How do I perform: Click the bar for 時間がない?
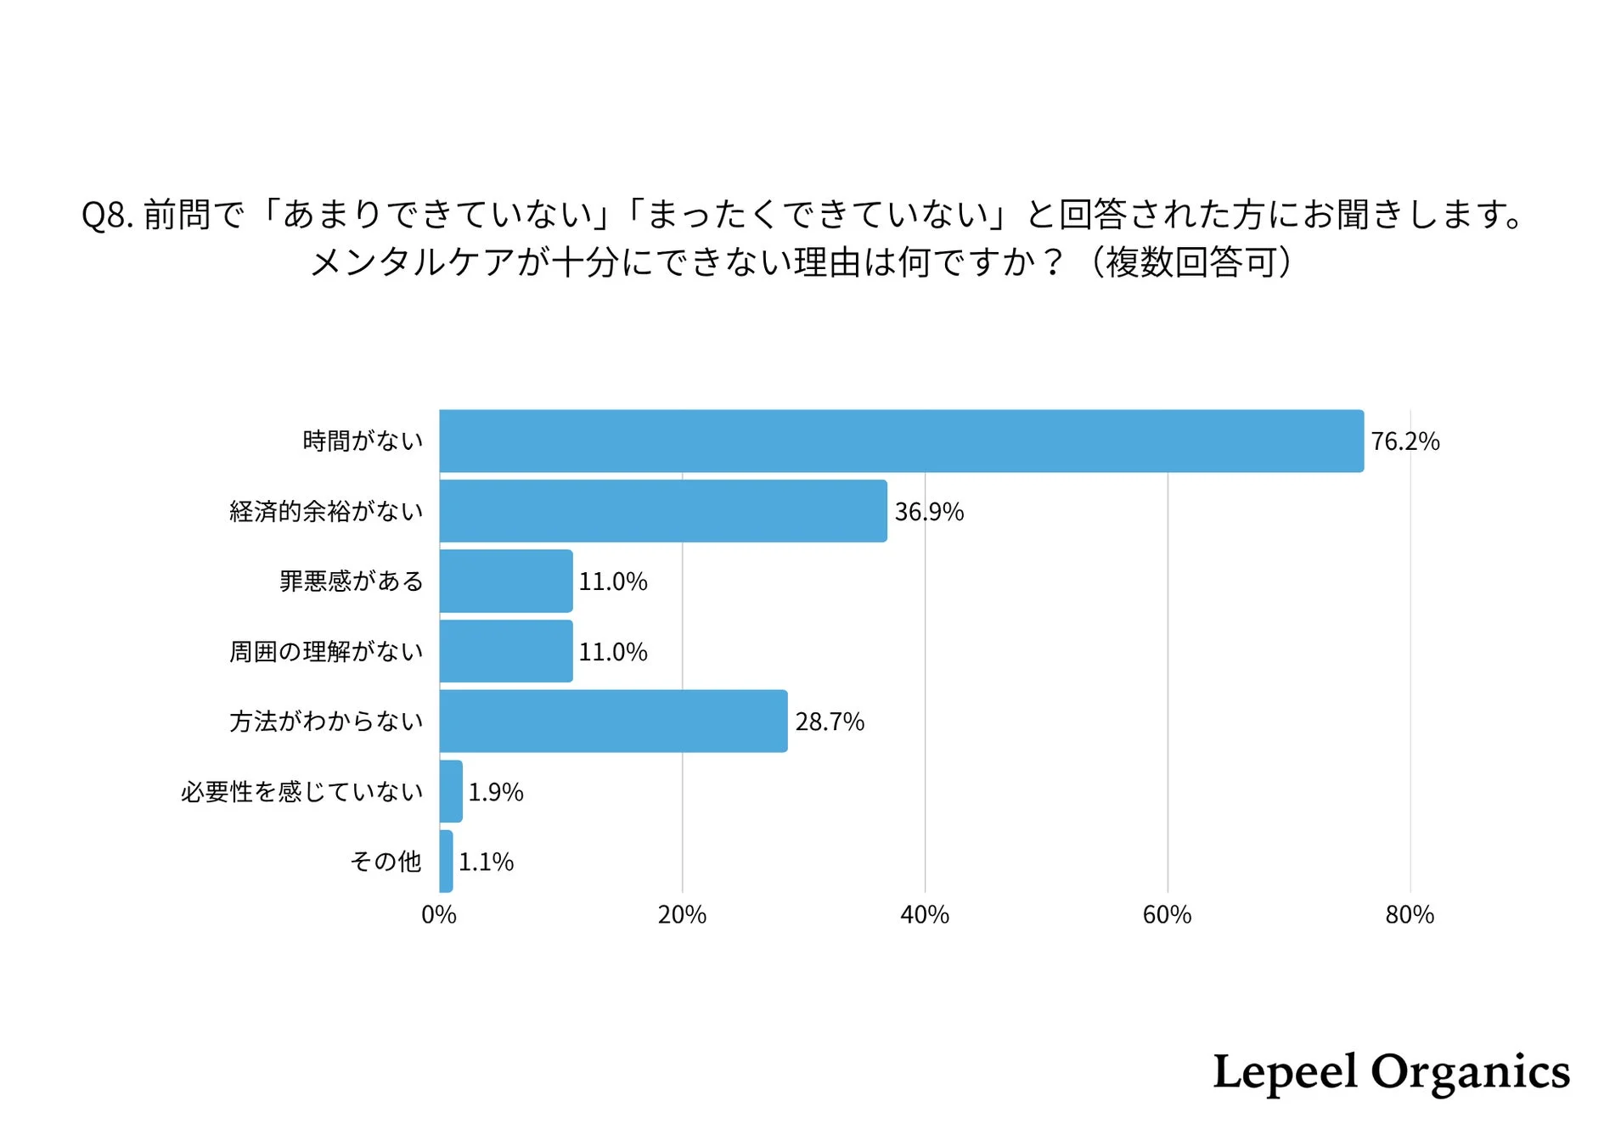[900, 441]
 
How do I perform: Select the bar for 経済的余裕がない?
[662, 511]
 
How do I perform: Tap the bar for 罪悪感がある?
[505, 581]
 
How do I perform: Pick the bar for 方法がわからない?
[613, 721]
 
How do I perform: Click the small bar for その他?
[446, 861]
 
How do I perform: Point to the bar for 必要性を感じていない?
[451, 791]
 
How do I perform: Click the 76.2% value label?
[1404, 441]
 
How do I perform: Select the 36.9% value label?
[929, 512]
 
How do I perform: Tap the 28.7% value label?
[829, 722]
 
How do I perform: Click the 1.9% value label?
[496, 792]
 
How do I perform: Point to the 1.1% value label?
[486, 862]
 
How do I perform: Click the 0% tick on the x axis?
[439, 915]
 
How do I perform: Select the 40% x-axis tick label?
[924, 915]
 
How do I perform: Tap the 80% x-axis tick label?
[1409, 915]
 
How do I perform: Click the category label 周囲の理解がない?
[326, 651]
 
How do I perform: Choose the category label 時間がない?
[363, 441]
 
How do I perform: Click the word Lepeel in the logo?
[1284, 1071]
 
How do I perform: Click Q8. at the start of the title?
[107, 215]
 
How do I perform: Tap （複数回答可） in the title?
[1190, 261]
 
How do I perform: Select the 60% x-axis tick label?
[1167, 915]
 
